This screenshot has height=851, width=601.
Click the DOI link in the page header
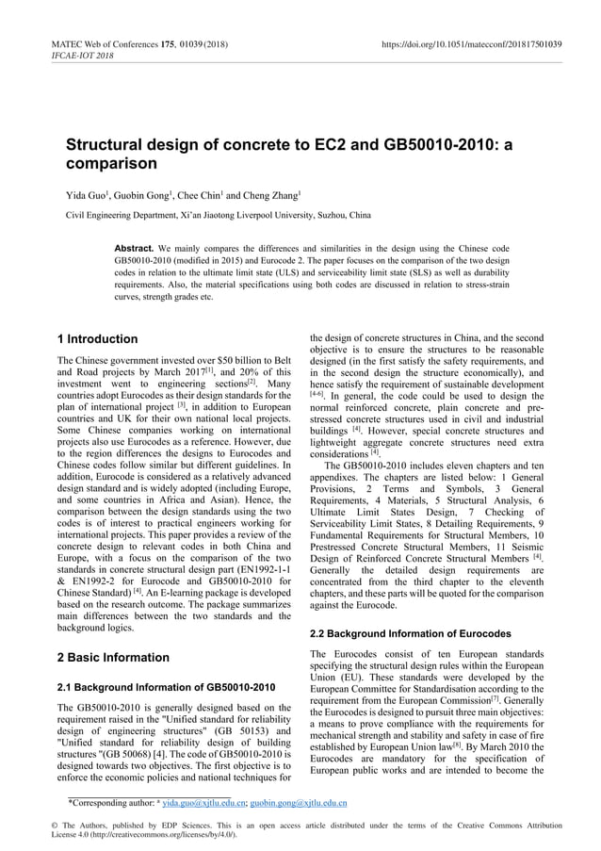(x=471, y=43)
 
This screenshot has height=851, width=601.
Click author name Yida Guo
(x=84, y=196)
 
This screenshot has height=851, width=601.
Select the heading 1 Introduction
(x=98, y=339)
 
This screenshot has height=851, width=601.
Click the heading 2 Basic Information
(x=113, y=657)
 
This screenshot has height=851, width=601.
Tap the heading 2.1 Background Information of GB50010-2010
(x=166, y=687)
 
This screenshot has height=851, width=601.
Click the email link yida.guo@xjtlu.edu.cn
(x=204, y=804)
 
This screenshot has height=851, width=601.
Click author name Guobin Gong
(x=144, y=196)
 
